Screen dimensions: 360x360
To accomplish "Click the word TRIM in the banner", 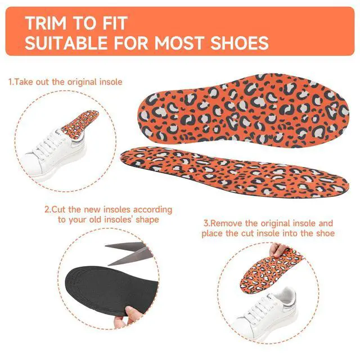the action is pyautogui.click(x=46, y=23).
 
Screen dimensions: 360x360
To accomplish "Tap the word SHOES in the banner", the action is pyautogui.click(x=240, y=43).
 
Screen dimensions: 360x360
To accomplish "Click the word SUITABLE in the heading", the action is pyautogui.click(x=66, y=43).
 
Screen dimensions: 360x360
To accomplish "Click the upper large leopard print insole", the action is pyautogui.click(x=244, y=110).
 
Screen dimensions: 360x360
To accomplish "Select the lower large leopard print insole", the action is pyautogui.click(x=234, y=172).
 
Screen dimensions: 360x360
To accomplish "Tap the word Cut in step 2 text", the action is pyautogui.click(x=59, y=209).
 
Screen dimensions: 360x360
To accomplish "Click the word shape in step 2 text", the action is pyautogui.click(x=147, y=220).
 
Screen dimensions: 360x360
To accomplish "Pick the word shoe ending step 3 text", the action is pyautogui.click(x=325, y=233).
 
